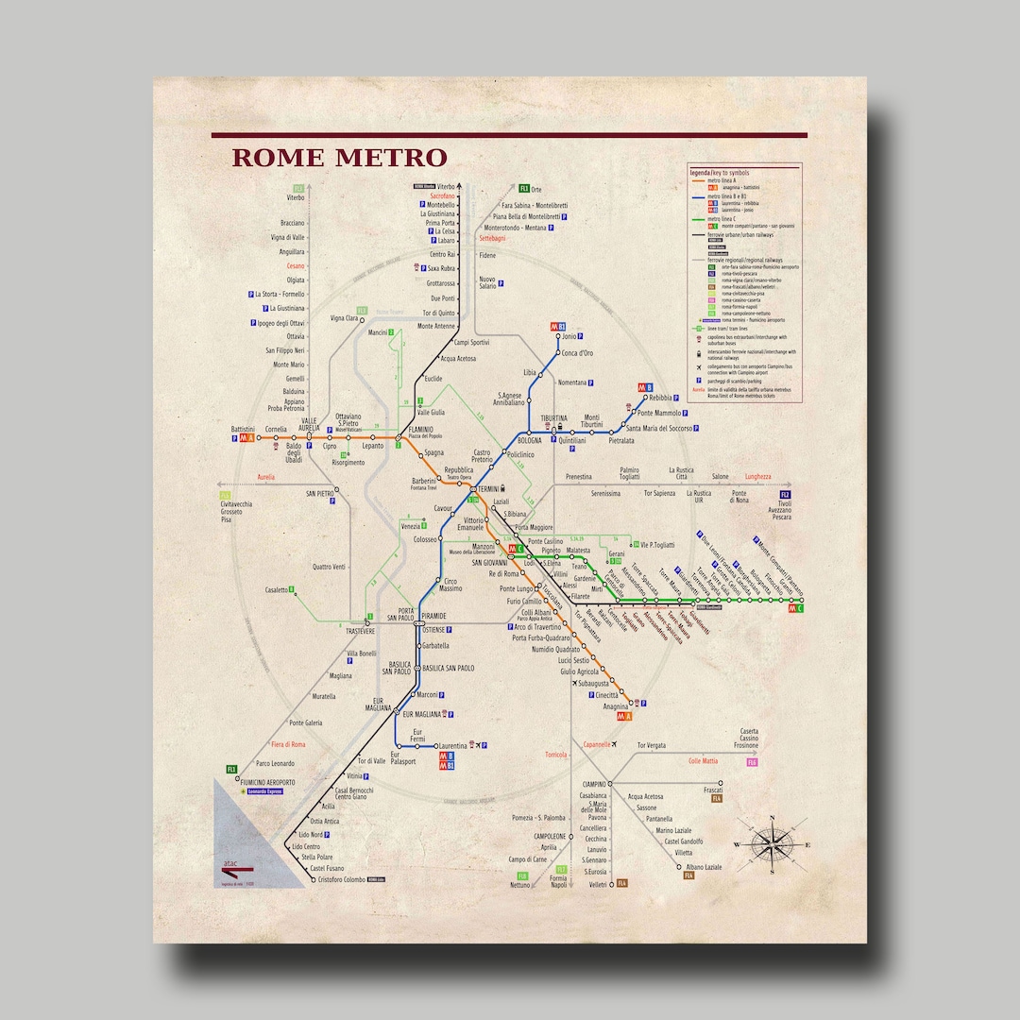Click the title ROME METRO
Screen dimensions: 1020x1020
(x=339, y=157)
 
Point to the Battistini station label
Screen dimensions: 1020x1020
(x=243, y=430)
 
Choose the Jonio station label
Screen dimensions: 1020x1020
(x=569, y=336)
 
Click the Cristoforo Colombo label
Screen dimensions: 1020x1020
(x=341, y=879)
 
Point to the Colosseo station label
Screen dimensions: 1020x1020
(x=425, y=539)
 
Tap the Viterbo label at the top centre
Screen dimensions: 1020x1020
(x=446, y=188)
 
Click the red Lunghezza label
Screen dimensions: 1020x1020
(x=757, y=477)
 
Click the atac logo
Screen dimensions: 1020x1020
(x=230, y=862)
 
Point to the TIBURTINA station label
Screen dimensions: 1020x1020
(x=553, y=417)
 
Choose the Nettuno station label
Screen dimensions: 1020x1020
(x=520, y=885)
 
